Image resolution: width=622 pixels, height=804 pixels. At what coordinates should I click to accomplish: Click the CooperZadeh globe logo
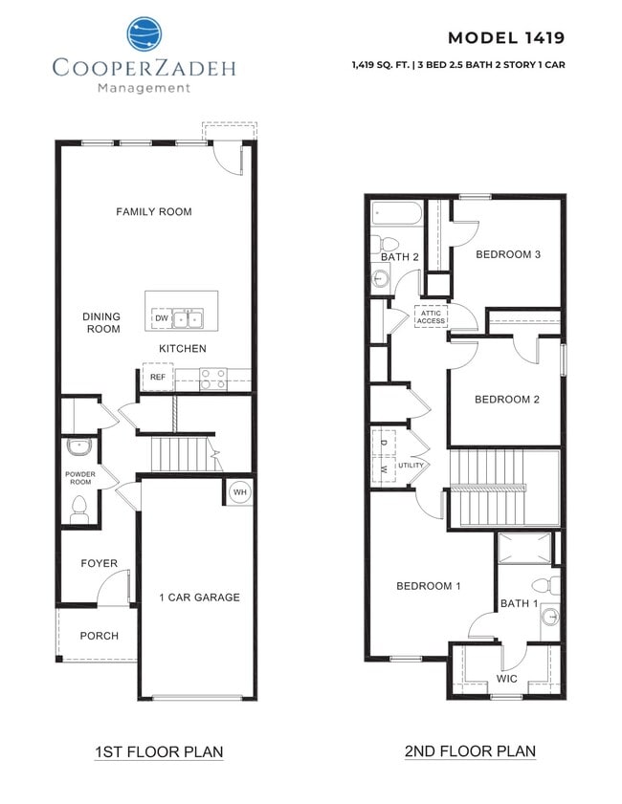coord(144,33)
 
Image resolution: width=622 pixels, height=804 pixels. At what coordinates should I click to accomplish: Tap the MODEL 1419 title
coord(505,38)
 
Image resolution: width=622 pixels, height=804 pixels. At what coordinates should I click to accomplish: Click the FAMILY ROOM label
coord(154,211)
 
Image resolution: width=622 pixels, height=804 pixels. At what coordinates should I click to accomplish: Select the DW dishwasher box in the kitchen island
coord(162,316)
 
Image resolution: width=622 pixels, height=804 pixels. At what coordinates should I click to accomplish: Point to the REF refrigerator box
coord(158,378)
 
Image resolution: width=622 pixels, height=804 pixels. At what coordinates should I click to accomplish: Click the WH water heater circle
coord(239,492)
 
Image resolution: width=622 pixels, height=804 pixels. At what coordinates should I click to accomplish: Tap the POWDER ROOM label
coord(80,478)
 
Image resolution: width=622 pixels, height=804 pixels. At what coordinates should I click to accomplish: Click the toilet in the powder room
coord(79,510)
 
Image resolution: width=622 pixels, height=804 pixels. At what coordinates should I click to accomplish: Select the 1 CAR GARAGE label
coord(199,598)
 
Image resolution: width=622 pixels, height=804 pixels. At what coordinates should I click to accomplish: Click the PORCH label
coord(99,636)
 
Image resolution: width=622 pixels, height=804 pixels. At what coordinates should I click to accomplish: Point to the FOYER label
coord(99,563)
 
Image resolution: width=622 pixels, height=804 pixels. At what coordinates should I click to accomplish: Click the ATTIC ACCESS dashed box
coord(431,316)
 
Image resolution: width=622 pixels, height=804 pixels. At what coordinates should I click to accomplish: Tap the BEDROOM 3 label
coord(509,254)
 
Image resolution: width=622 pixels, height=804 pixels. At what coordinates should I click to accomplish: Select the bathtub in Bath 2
coord(395,213)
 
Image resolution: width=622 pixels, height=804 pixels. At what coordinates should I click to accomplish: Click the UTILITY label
coord(411,465)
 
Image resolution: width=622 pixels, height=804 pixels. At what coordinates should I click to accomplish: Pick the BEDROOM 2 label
coord(508,400)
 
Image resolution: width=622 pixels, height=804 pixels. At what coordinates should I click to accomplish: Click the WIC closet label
coord(507,678)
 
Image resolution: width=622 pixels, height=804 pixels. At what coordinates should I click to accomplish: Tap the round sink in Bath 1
coord(549,617)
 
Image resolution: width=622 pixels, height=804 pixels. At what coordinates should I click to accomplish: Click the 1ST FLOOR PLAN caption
coord(159,751)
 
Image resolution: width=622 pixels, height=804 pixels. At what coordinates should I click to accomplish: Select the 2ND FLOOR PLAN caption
coord(469,751)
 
